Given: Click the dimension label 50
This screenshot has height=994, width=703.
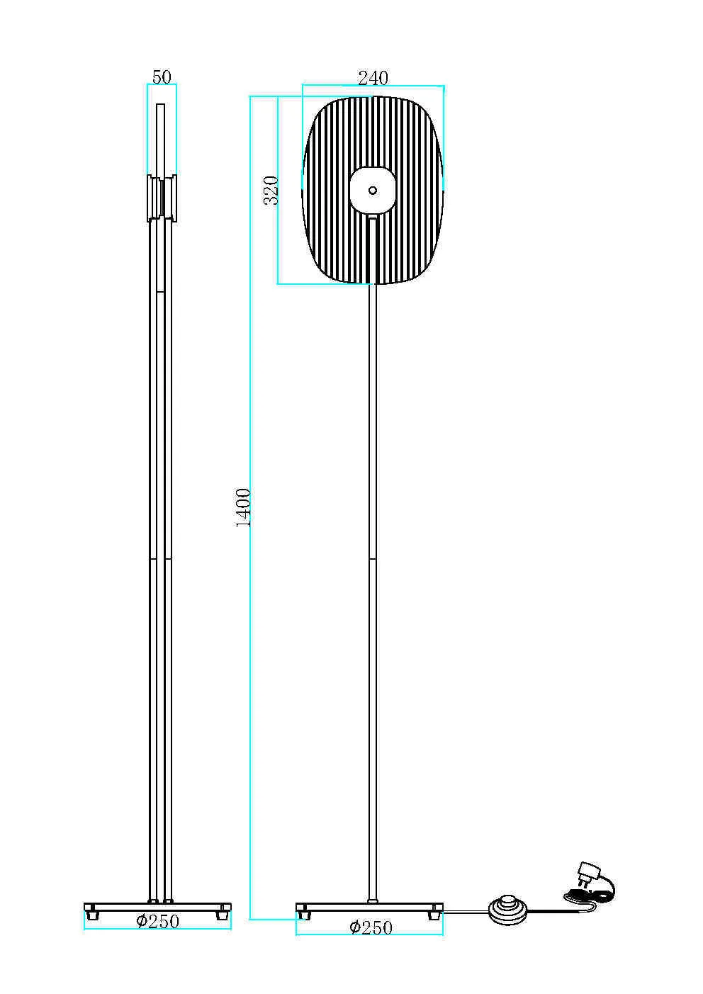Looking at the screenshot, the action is click(162, 77).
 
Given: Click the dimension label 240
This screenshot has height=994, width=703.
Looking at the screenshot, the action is click(373, 78).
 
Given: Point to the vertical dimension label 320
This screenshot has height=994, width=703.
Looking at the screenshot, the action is click(271, 191).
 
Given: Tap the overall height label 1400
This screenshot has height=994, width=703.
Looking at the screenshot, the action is click(243, 508).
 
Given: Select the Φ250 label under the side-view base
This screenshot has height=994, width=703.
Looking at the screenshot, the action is click(158, 922).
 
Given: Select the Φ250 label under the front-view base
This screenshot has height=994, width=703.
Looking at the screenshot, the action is click(371, 927).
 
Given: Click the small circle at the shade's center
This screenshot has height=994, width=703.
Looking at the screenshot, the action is click(373, 191).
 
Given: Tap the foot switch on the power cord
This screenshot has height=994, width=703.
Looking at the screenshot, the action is click(507, 910).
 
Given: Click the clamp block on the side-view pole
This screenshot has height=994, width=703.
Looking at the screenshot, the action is click(162, 198).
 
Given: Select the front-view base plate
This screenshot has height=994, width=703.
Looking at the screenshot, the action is click(370, 907).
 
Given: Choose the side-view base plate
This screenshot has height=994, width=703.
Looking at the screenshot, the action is click(157, 907).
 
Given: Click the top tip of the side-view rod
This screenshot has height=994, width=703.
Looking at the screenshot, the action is click(161, 105).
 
